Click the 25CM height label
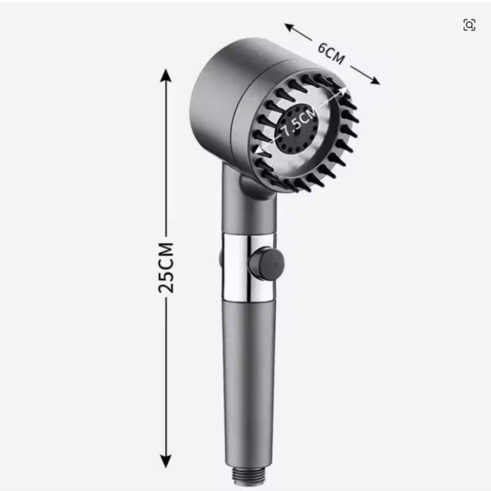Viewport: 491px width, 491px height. click(166, 268)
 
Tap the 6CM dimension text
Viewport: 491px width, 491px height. click(331, 54)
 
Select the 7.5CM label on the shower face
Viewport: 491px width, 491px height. click(298, 121)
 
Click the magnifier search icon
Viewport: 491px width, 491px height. click(469, 25)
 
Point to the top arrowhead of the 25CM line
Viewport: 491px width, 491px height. click(165, 75)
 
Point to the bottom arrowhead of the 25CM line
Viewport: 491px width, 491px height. click(165, 461)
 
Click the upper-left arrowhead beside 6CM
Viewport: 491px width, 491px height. click(289, 27)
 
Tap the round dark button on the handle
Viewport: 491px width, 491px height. click(266, 264)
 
